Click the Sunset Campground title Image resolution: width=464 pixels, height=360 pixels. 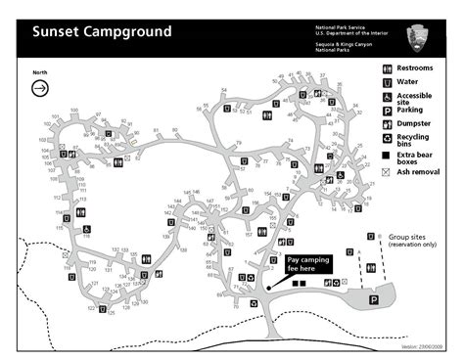tap(102, 31)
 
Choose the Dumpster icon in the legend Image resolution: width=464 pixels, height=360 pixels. tap(387, 126)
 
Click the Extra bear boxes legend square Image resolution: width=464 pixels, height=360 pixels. tap(387, 157)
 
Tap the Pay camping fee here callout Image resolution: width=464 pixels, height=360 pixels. tap(307, 264)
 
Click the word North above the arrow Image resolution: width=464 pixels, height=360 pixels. tap(40, 72)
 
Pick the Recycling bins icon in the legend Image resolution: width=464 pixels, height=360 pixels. tap(387, 140)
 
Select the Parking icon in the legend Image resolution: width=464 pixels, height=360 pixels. tap(387, 112)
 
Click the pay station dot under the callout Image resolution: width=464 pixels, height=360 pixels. tap(267, 288)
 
